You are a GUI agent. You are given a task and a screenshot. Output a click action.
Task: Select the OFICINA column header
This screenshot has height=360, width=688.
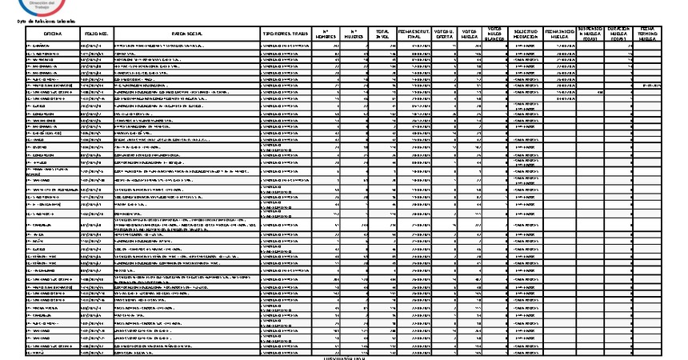[x=53, y=35]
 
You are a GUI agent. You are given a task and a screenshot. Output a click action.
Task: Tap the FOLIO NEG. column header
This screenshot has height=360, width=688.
[x=98, y=35]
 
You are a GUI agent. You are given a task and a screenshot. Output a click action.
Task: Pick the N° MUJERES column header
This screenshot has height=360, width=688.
[x=354, y=35]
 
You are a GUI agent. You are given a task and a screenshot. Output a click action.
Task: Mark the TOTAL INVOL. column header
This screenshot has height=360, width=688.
[x=383, y=35]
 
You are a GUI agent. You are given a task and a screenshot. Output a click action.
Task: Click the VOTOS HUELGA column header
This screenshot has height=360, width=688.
[x=470, y=35]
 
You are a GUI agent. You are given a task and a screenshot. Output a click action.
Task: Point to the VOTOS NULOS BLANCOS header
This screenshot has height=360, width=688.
[x=495, y=35]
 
